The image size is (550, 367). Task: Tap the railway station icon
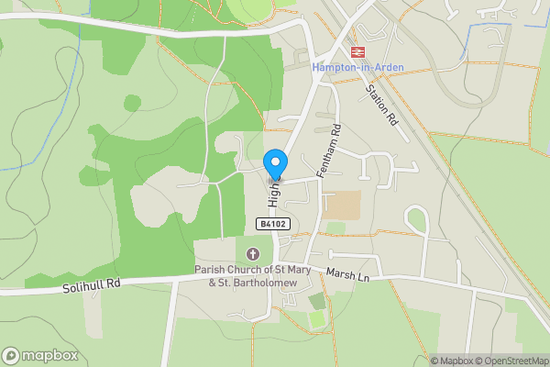tap(357, 52)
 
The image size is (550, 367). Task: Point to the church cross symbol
tap(253, 253)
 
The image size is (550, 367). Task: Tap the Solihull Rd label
tap(92, 286)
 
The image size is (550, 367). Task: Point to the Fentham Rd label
tap(327, 150)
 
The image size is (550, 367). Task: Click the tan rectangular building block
tap(343, 204)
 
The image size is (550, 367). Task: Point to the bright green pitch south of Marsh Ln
tap(316, 319)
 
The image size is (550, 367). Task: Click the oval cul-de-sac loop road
tap(417, 221)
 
